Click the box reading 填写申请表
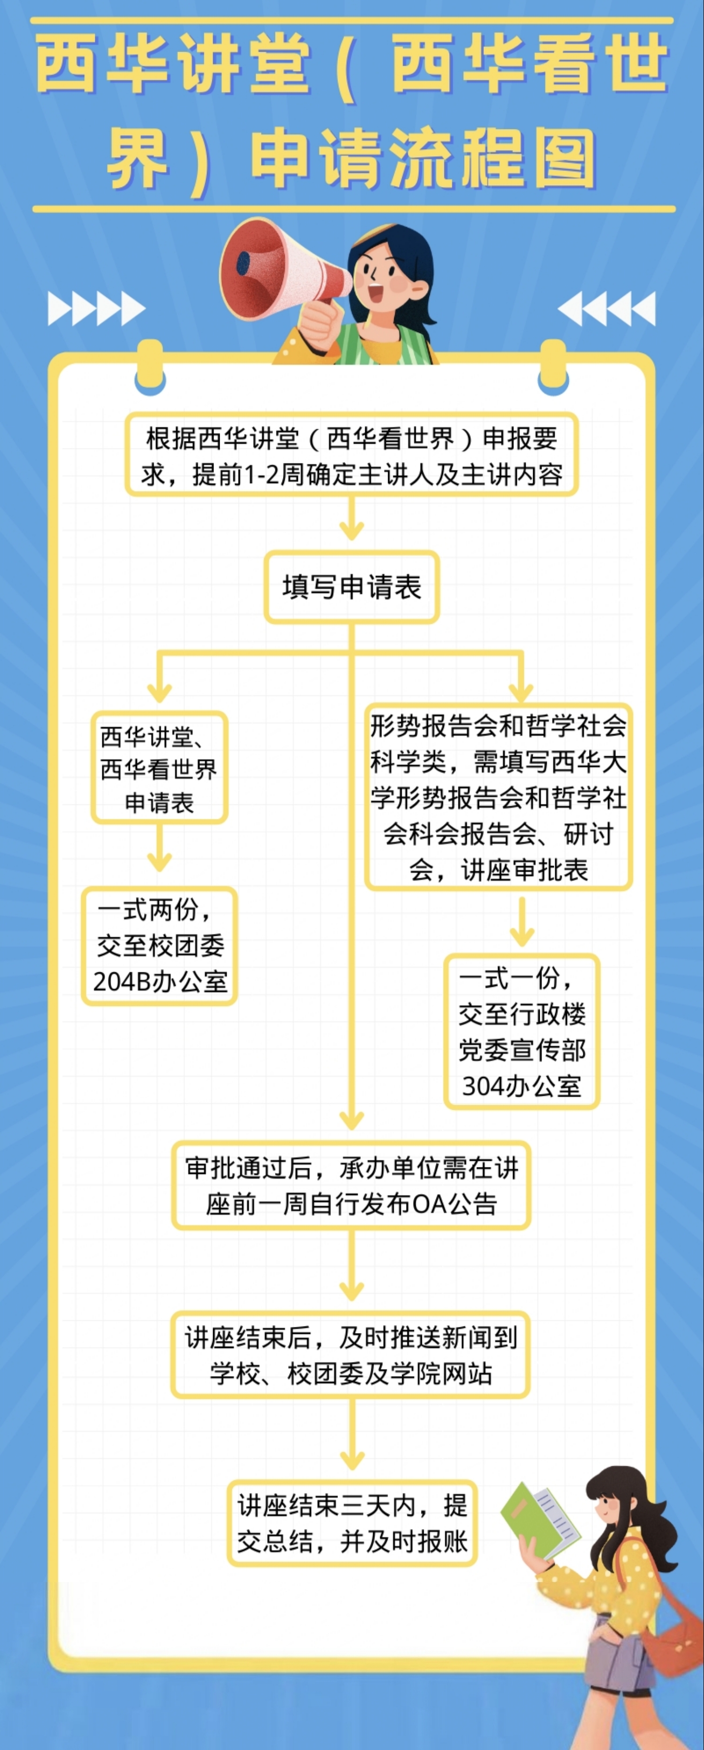(352, 587)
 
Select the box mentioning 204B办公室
(160, 946)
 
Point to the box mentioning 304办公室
(521, 1031)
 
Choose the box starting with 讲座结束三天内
(352, 1523)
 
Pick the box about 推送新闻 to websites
(351, 1355)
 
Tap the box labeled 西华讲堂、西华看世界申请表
(159, 768)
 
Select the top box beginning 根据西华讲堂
(352, 455)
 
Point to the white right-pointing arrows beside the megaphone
(96, 309)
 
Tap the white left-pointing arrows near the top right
(606, 309)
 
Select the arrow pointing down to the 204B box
(159, 849)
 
